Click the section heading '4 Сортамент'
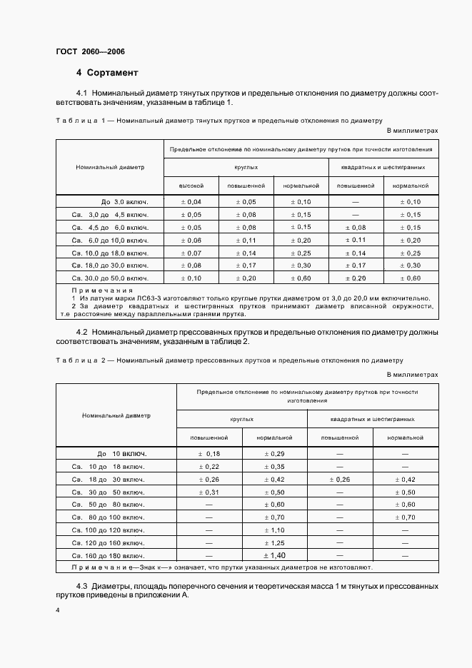click(x=107, y=73)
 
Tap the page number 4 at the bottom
click(x=58, y=610)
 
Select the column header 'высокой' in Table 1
click(x=191, y=186)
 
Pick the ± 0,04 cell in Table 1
click(x=191, y=202)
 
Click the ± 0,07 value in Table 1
click(x=191, y=253)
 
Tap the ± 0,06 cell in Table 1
click(x=191, y=240)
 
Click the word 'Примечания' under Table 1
click(x=102, y=290)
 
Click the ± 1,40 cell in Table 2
click(x=275, y=555)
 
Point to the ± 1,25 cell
click(x=275, y=543)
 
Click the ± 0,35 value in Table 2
click(x=275, y=466)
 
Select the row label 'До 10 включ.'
click(x=122, y=453)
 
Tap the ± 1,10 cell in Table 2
click(x=275, y=530)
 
